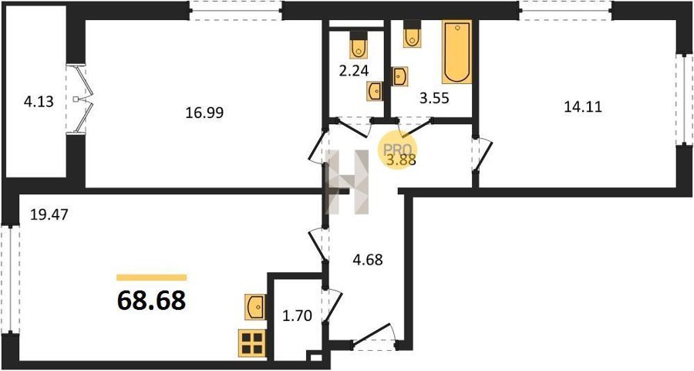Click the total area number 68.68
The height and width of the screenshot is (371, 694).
[151, 301]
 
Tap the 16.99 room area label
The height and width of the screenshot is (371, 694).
[204, 113]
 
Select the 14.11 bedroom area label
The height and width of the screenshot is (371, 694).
[583, 107]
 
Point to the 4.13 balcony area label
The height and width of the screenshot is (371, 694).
[39, 102]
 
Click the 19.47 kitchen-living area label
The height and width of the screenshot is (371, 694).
[49, 215]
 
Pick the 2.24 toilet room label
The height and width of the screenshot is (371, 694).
[353, 71]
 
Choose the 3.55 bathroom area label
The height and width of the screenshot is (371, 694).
[434, 98]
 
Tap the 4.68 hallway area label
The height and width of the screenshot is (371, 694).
[367, 259]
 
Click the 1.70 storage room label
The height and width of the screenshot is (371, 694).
[297, 316]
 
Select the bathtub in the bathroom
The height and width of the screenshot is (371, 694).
[456, 52]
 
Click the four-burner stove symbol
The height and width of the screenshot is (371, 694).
[251, 343]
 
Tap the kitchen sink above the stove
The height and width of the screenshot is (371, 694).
[254, 307]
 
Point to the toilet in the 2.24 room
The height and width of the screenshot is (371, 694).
[358, 45]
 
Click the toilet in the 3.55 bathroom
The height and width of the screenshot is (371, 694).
[412, 34]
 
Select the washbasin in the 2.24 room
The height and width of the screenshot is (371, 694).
[375, 92]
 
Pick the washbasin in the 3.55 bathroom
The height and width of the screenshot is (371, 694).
[399, 76]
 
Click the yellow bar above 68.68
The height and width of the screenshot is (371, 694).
[151, 278]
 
